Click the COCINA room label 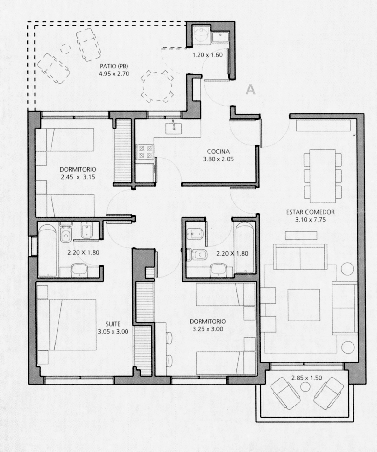(218, 152)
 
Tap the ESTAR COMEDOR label (311, 212)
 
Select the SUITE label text (113, 324)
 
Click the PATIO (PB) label (114, 66)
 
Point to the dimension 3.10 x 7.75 (311, 220)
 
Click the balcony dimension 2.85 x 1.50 (307, 378)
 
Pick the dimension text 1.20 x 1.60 (208, 55)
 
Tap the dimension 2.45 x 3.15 (78, 177)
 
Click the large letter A (251, 90)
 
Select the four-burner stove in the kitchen (145, 152)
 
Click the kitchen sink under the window (174, 128)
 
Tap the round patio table (157, 86)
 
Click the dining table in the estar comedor (323, 176)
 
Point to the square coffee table (304, 305)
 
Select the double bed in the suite (66, 325)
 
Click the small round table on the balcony (305, 387)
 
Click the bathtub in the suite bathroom (47, 251)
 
